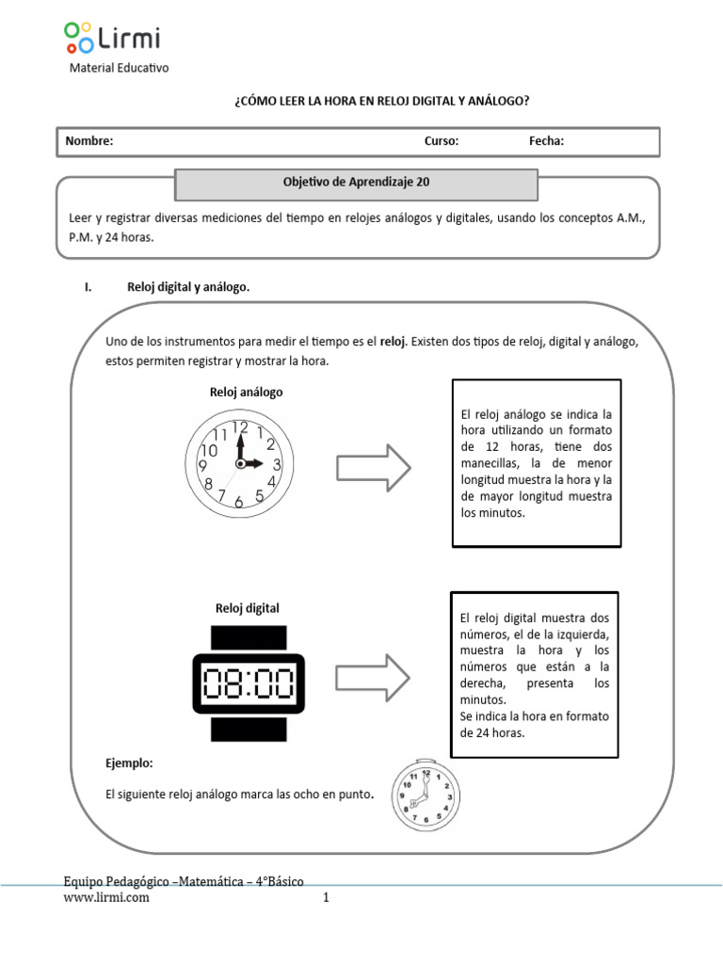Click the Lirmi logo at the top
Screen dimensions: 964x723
(113, 38)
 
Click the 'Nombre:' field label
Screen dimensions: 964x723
(88, 141)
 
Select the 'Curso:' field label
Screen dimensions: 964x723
(442, 141)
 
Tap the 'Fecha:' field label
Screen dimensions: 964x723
(546, 141)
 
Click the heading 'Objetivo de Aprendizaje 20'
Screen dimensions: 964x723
(357, 184)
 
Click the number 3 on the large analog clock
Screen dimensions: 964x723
(276, 464)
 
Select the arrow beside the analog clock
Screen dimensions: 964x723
(374, 465)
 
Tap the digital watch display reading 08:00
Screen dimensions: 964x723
(248, 682)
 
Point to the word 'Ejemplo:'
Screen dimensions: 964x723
(129, 762)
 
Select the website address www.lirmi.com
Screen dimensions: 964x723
(106, 898)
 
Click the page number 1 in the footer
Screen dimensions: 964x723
(326, 898)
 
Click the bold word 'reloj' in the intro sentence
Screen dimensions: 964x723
(392, 341)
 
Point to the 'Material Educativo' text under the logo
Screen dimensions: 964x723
(120, 68)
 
